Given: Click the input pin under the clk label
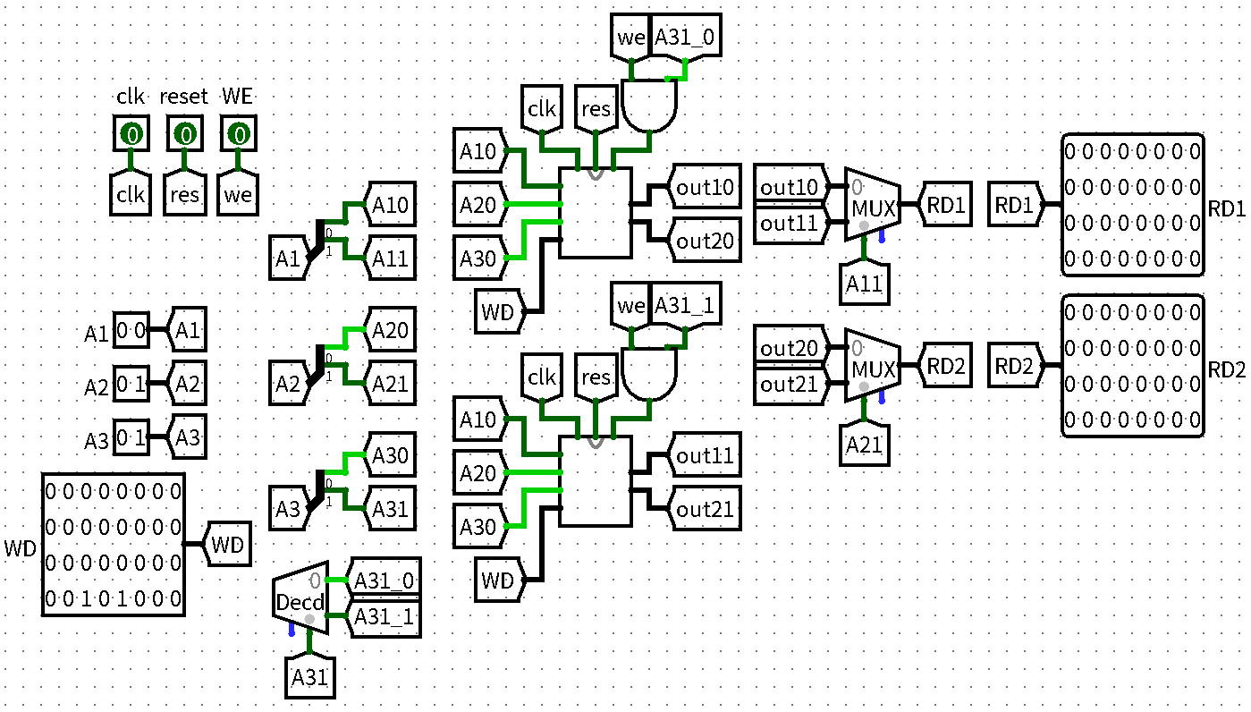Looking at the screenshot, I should (x=131, y=135).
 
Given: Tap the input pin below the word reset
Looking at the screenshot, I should (x=184, y=135).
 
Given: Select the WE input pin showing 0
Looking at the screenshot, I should (x=238, y=135).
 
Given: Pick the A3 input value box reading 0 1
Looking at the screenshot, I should (x=131, y=439).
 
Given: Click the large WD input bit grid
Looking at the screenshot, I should (x=114, y=545).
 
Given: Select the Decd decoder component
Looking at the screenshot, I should (x=300, y=599).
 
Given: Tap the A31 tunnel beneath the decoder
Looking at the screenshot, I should (x=309, y=677).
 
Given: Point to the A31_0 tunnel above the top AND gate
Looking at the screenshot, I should (x=685, y=38).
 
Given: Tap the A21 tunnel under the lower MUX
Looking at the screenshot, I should (x=864, y=444).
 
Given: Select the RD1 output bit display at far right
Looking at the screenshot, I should (x=1133, y=206).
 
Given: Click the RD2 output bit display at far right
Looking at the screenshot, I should (x=1133, y=367).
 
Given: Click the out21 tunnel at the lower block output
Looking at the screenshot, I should (x=706, y=510).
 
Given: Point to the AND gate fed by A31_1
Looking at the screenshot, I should (x=650, y=373).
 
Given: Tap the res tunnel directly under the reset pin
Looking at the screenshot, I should (x=184, y=193).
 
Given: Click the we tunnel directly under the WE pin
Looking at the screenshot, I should (x=238, y=193).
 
